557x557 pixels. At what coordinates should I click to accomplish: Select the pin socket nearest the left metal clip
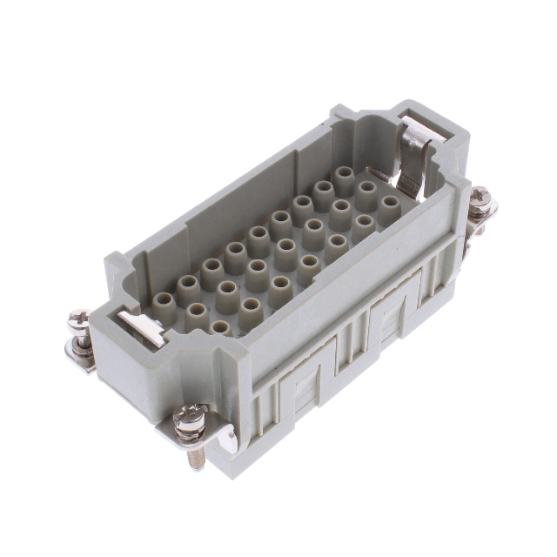pos(163,302)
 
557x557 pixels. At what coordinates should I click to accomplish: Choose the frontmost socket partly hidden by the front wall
pos(221,327)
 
